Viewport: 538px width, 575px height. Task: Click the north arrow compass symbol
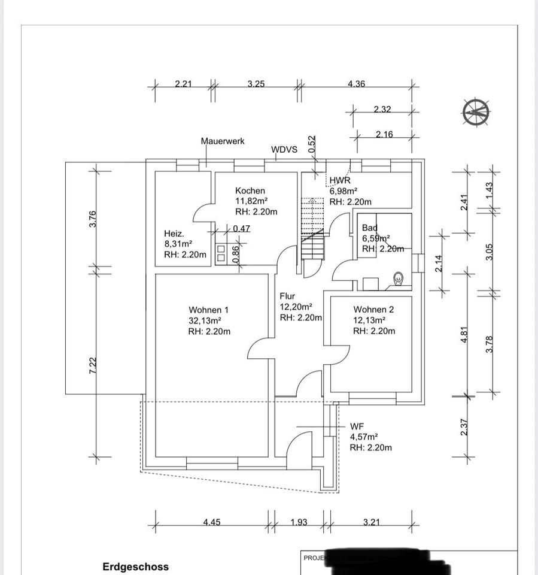(476, 112)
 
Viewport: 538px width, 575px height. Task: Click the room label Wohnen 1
(208, 310)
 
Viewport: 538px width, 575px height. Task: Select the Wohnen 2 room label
(373, 310)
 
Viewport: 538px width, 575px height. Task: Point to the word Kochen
(250, 190)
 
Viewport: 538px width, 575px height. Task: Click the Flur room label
(288, 296)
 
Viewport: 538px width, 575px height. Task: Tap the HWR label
(340, 180)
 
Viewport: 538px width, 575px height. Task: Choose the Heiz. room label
(174, 234)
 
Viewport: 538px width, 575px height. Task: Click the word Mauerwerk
(222, 141)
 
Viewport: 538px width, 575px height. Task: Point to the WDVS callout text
(284, 149)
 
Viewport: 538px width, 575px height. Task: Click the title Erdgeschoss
(135, 566)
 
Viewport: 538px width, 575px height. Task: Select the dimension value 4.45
(211, 522)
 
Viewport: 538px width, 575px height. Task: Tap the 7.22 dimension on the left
(93, 365)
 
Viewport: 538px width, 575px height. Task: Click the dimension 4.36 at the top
(356, 84)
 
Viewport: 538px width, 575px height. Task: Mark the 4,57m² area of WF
(363, 437)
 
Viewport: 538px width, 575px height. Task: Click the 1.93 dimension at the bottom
(299, 522)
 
